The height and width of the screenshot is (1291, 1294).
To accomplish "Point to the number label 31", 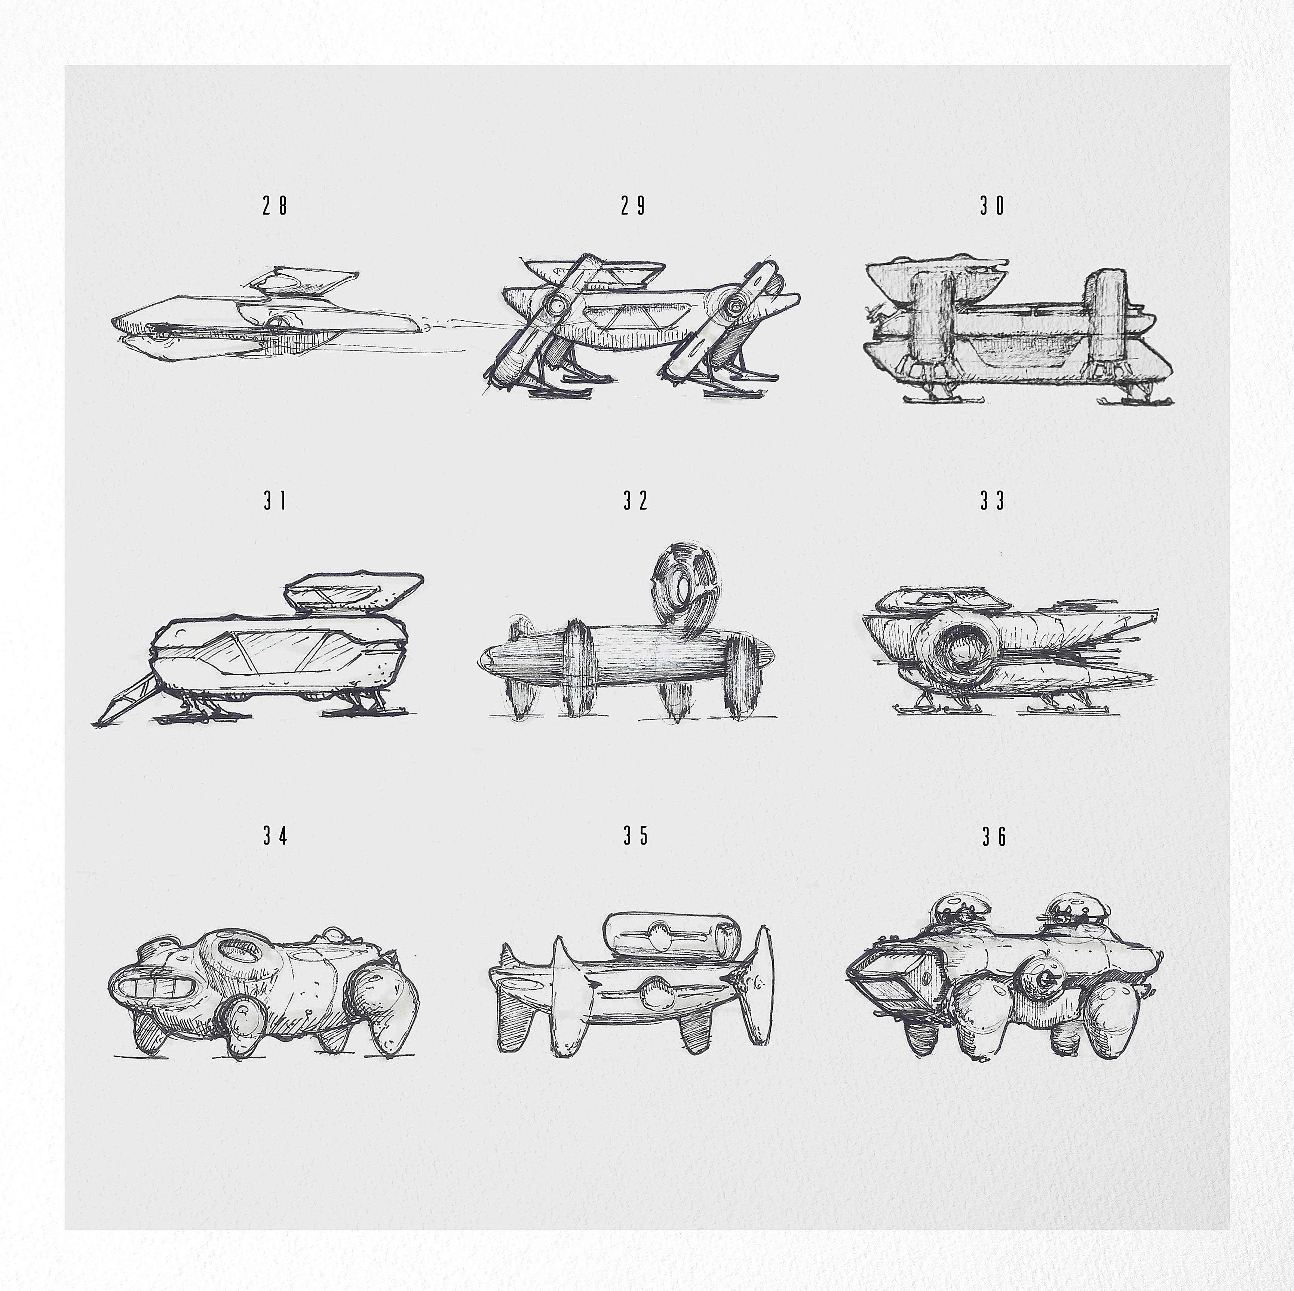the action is (x=275, y=501).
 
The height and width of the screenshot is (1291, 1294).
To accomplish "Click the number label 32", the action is (x=636, y=501).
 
